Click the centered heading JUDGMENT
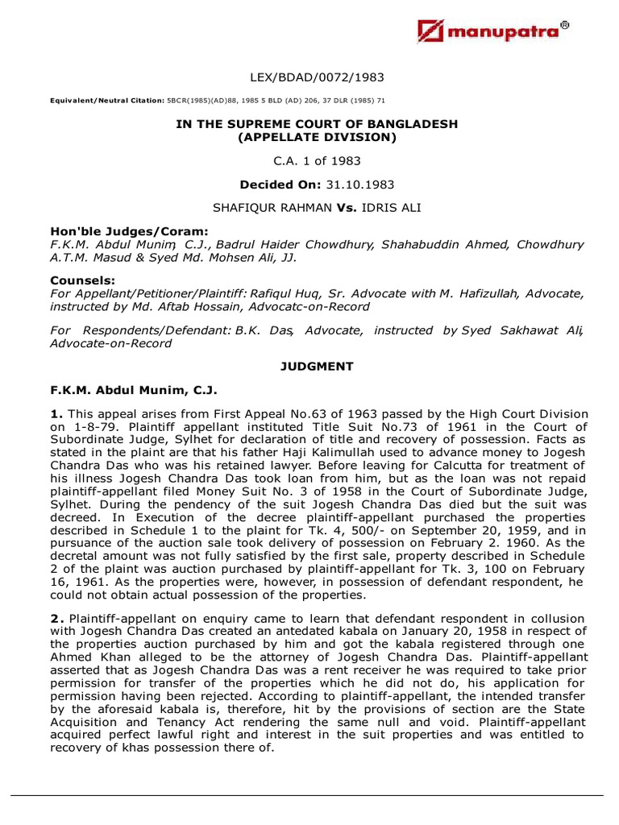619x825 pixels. pyautogui.click(x=317, y=367)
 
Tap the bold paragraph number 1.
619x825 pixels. pyautogui.click(x=55, y=414)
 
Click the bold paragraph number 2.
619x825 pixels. pyautogui.click(x=55, y=618)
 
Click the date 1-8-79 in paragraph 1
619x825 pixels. pyautogui.click(x=83, y=426)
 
